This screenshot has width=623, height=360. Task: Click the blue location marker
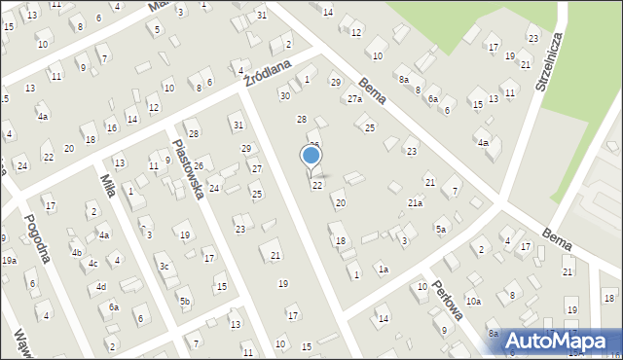click(x=311, y=155)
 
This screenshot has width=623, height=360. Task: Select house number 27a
click(x=354, y=99)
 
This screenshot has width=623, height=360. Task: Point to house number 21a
click(x=416, y=203)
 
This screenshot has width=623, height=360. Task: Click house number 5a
click(x=441, y=230)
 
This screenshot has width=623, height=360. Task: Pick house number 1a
click(x=384, y=270)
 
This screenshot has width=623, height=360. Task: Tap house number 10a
click(x=473, y=302)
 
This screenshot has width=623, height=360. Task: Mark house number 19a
click(x=9, y=261)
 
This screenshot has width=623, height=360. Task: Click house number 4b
click(x=76, y=252)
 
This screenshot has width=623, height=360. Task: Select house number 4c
click(x=92, y=264)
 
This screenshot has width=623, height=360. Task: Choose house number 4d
click(x=100, y=287)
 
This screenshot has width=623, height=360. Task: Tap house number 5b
click(x=184, y=302)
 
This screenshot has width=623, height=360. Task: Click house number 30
click(x=285, y=95)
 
